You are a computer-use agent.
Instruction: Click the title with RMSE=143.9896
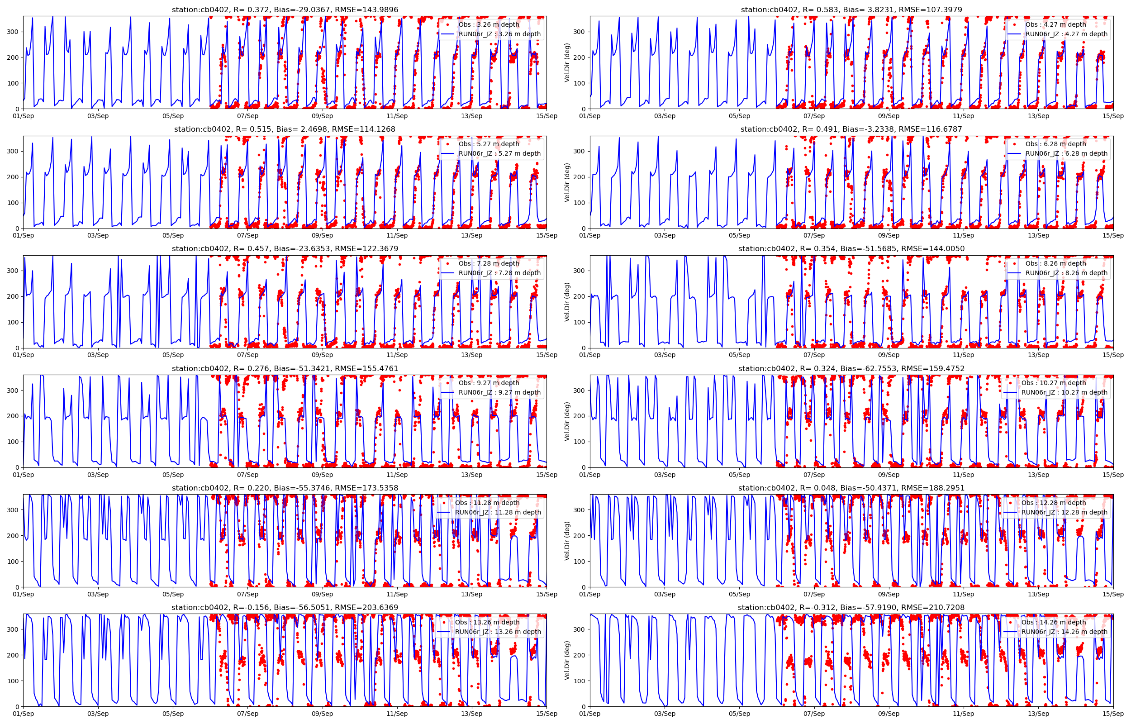coord(285,10)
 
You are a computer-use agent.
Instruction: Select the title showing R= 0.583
coord(851,10)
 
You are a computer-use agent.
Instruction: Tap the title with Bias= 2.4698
coord(285,129)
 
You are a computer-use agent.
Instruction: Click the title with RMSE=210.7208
coord(851,607)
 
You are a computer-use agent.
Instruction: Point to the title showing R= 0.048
coord(851,488)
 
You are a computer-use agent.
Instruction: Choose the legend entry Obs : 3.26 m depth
coord(489,24)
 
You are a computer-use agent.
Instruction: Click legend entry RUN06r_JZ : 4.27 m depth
coord(1066,34)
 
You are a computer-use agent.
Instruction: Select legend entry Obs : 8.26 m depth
coord(1056,263)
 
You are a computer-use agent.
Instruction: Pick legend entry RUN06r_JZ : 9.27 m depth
coord(499,392)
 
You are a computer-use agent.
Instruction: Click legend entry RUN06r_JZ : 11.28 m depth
coord(498,512)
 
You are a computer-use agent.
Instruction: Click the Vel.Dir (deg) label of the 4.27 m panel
coord(567,62)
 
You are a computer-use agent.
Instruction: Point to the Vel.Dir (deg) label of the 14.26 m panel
coord(567,660)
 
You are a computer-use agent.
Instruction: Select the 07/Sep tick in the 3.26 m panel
coord(247,116)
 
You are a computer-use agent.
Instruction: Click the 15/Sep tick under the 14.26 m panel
coord(1113,714)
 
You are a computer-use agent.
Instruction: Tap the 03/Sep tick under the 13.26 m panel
coord(98,714)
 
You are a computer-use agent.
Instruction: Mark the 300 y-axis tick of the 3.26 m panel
coord(13,32)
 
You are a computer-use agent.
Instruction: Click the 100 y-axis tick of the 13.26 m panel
coord(13,681)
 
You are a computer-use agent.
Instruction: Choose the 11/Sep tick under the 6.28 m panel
coord(964,235)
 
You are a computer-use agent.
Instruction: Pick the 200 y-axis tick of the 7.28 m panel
coord(13,297)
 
